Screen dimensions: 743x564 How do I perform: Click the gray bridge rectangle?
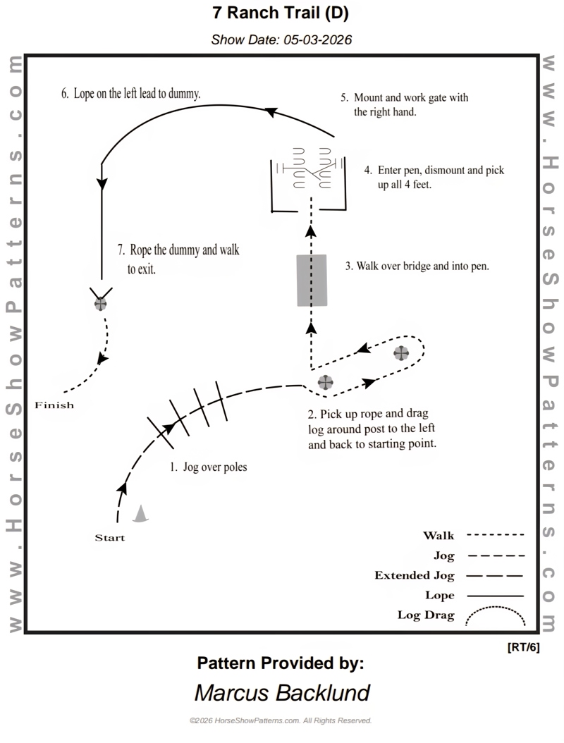(x=312, y=280)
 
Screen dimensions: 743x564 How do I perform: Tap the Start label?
(x=109, y=538)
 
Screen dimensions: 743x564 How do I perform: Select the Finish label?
(x=54, y=405)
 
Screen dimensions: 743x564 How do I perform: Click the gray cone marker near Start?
(x=142, y=514)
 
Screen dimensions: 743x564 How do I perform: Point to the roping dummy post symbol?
(x=101, y=304)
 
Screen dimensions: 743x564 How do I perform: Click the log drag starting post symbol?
(x=325, y=382)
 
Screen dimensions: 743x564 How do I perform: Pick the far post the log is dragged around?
(x=401, y=353)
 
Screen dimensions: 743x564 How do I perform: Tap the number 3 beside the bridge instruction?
(x=348, y=266)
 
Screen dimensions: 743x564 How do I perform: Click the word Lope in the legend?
(x=439, y=595)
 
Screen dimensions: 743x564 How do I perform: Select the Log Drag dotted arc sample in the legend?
(x=496, y=616)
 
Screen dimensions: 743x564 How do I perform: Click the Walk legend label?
(x=439, y=536)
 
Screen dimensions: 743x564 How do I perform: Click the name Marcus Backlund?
(x=282, y=692)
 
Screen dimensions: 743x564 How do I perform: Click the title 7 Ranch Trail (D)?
(x=282, y=13)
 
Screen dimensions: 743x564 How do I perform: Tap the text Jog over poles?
(x=214, y=467)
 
